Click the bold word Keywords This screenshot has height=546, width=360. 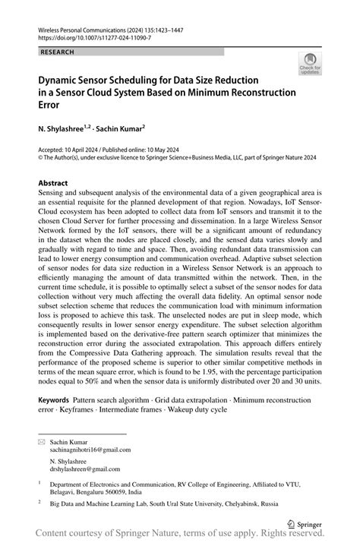click(58, 399)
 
